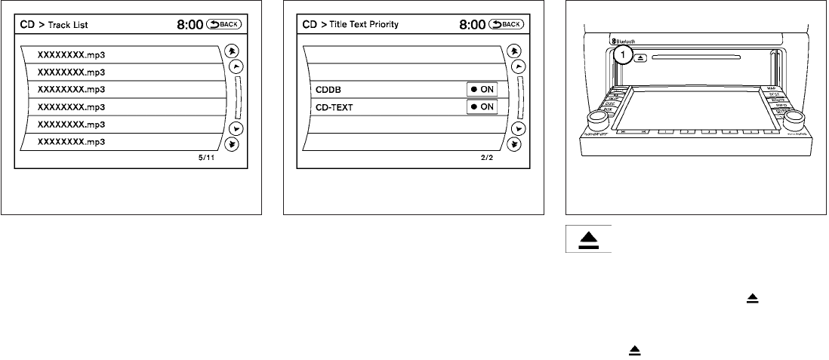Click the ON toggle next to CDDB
coord(482,90)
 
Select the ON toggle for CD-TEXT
coord(482,107)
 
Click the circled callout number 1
coord(622,54)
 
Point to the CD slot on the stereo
coord(695,56)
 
